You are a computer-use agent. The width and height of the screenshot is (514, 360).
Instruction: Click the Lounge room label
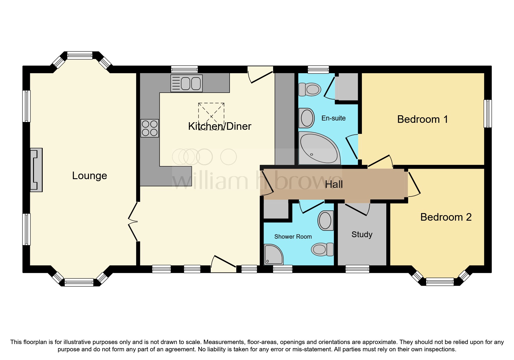click(x=89, y=176)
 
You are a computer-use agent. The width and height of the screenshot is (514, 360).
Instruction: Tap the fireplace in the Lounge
click(x=37, y=170)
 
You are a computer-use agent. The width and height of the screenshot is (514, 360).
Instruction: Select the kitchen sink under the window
click(x=187, y=83)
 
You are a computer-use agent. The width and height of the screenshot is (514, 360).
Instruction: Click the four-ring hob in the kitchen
click(x=149, y=128)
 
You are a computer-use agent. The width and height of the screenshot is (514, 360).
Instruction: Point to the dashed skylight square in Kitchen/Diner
click(x=211, y=116)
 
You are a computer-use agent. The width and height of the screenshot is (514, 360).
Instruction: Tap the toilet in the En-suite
click(x=309, y=89)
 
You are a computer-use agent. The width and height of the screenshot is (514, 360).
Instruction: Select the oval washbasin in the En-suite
click(x=307, y=118)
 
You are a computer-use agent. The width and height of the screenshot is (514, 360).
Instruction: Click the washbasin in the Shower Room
click(x=326, y=221)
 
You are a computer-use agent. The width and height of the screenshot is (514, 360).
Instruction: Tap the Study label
click(x=362, y=234)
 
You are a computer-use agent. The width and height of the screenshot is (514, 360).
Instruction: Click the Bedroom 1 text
click(x=422, y=119)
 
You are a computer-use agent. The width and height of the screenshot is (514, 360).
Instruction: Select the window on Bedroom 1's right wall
click(x=488, y=114)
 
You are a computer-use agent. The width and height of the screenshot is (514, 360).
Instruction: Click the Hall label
click(x=334, y=184)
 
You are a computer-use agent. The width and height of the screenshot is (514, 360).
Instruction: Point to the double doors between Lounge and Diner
click(x=134, y=222)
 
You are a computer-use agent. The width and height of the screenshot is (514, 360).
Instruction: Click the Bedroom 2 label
click(x=446, y=217)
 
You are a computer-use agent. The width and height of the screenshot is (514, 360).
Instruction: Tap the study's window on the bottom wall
click(x=357, y=269)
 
